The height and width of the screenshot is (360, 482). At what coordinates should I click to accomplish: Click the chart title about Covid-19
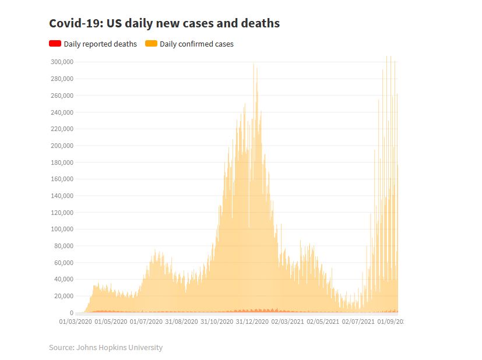tap(164, 23)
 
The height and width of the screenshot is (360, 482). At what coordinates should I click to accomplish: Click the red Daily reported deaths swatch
tap(55, 44)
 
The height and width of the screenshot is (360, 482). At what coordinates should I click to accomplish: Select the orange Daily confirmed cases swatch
tap(151, 44)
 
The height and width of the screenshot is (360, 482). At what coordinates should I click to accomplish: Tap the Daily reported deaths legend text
tap(100, 44)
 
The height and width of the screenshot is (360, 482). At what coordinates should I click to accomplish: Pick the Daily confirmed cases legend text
tap(196, 44)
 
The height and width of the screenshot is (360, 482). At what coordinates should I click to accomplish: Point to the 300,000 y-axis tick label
tap(61, 62)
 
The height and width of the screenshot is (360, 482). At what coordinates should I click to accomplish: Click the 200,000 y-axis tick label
tap(61, 146)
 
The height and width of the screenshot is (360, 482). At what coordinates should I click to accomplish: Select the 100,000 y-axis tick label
tap(61, 230)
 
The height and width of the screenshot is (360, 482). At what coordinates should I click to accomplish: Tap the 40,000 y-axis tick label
tap(63, 280)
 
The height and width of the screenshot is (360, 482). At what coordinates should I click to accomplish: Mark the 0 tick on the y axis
tap(71, 313)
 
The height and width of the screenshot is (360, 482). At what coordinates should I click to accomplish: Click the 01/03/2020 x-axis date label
tap(76, 321)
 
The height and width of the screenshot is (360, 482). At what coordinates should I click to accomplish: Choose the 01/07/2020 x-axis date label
tap(146, 321)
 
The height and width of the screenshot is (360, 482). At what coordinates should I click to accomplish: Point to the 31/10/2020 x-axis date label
tap(217, 321)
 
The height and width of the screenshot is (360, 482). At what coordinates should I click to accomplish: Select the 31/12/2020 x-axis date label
tap(252, 321)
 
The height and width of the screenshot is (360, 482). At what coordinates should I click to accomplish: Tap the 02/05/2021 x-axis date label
tap(322, 321)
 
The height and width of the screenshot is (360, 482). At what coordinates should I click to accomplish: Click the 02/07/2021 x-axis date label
tap(358, 321)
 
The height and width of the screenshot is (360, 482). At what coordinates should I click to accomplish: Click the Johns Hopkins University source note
tap(105, 348)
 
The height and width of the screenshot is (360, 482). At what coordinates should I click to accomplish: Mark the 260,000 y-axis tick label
tap(61, 96)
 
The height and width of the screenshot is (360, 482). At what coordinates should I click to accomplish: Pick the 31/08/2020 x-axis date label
tap(181, 321)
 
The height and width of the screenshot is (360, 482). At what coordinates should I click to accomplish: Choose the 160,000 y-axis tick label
tap(61, 179)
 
